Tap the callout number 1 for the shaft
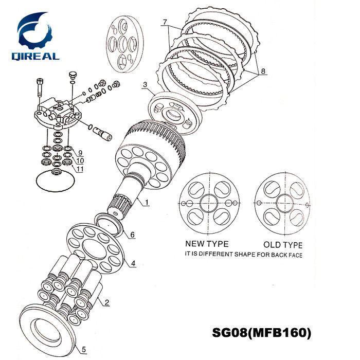click(146, 202)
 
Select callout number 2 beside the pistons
click(107, 302)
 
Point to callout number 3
click(146, 84)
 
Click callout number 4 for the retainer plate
click(133, 263)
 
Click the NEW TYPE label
click(207, 244)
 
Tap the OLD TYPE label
click(282, 245)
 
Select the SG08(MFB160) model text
click(262, 333)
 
